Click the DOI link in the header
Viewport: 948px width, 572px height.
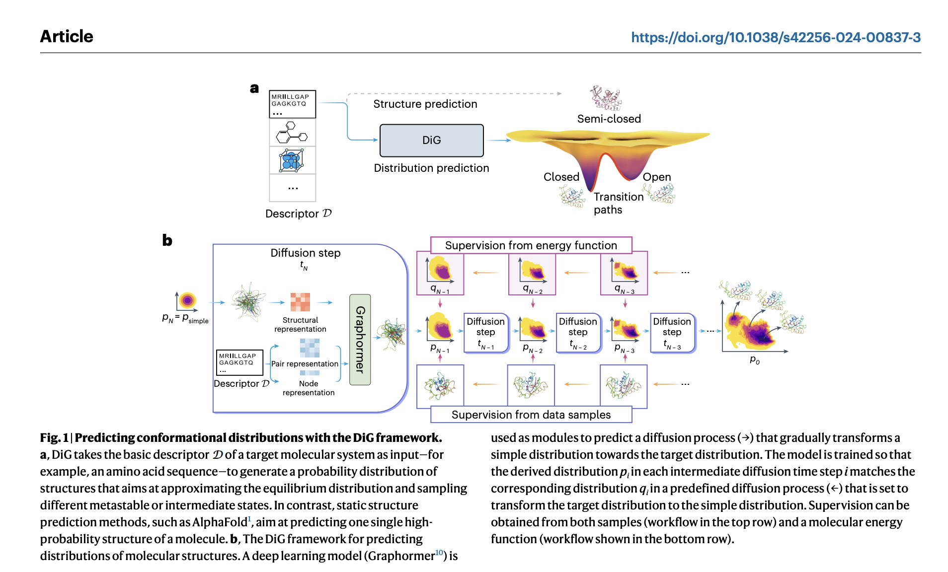click(775, 37)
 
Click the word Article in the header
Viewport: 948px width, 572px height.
click(67, 36)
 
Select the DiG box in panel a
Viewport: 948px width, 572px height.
click(431, 140)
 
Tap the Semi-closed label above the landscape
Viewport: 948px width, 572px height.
click(609, 119)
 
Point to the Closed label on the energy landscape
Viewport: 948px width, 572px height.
click(561, 177)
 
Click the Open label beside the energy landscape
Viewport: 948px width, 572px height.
click(656, 177)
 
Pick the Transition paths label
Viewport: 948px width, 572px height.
click(618, 203)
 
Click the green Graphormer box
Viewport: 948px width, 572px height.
click(360, 340)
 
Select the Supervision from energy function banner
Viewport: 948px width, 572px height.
click(531, 245)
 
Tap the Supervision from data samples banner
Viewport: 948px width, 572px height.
click(531, 415)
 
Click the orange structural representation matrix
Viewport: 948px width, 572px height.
click(300, 302)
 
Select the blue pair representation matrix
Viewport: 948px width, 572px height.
click(310, 348)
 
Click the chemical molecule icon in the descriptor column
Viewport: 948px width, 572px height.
click(292, 133)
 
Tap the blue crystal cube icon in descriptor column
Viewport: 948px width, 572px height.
click(292, 160)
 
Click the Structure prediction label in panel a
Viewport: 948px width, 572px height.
click(425, 104)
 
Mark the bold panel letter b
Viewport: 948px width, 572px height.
click(167, 240)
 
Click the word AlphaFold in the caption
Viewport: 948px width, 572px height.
click(219, 522)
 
